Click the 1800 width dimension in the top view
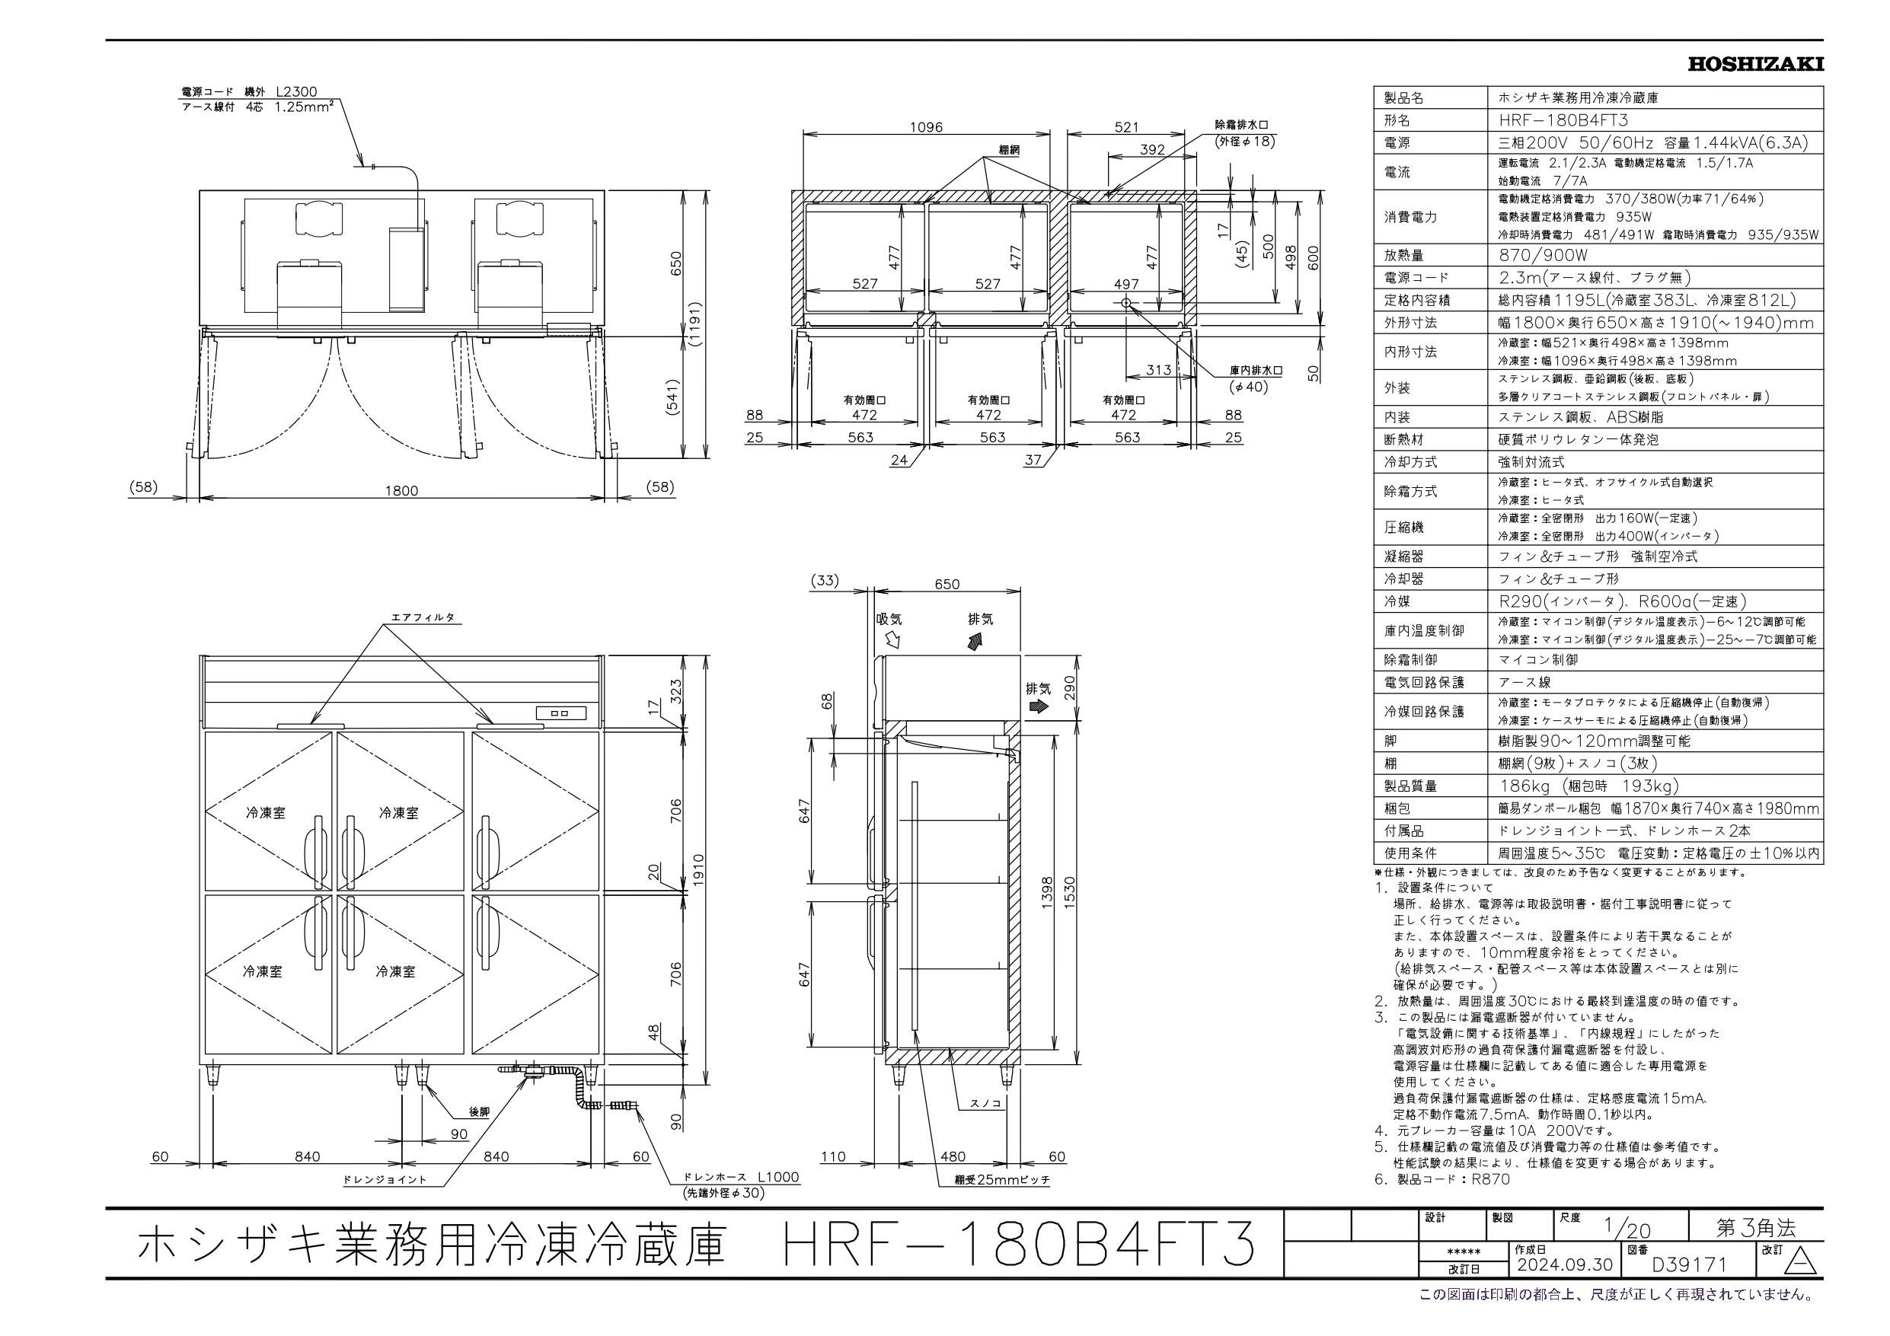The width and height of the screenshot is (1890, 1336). [x=402, y=490]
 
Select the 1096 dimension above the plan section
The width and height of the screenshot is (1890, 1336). [x=926, y=128]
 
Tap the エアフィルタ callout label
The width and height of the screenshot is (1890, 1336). [x=423, y=617]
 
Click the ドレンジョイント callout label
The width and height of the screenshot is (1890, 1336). [x=385, y=1180]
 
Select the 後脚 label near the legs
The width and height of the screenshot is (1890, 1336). [x=479, y=1111]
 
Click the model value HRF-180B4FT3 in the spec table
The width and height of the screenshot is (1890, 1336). [x=1556, y=120]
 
